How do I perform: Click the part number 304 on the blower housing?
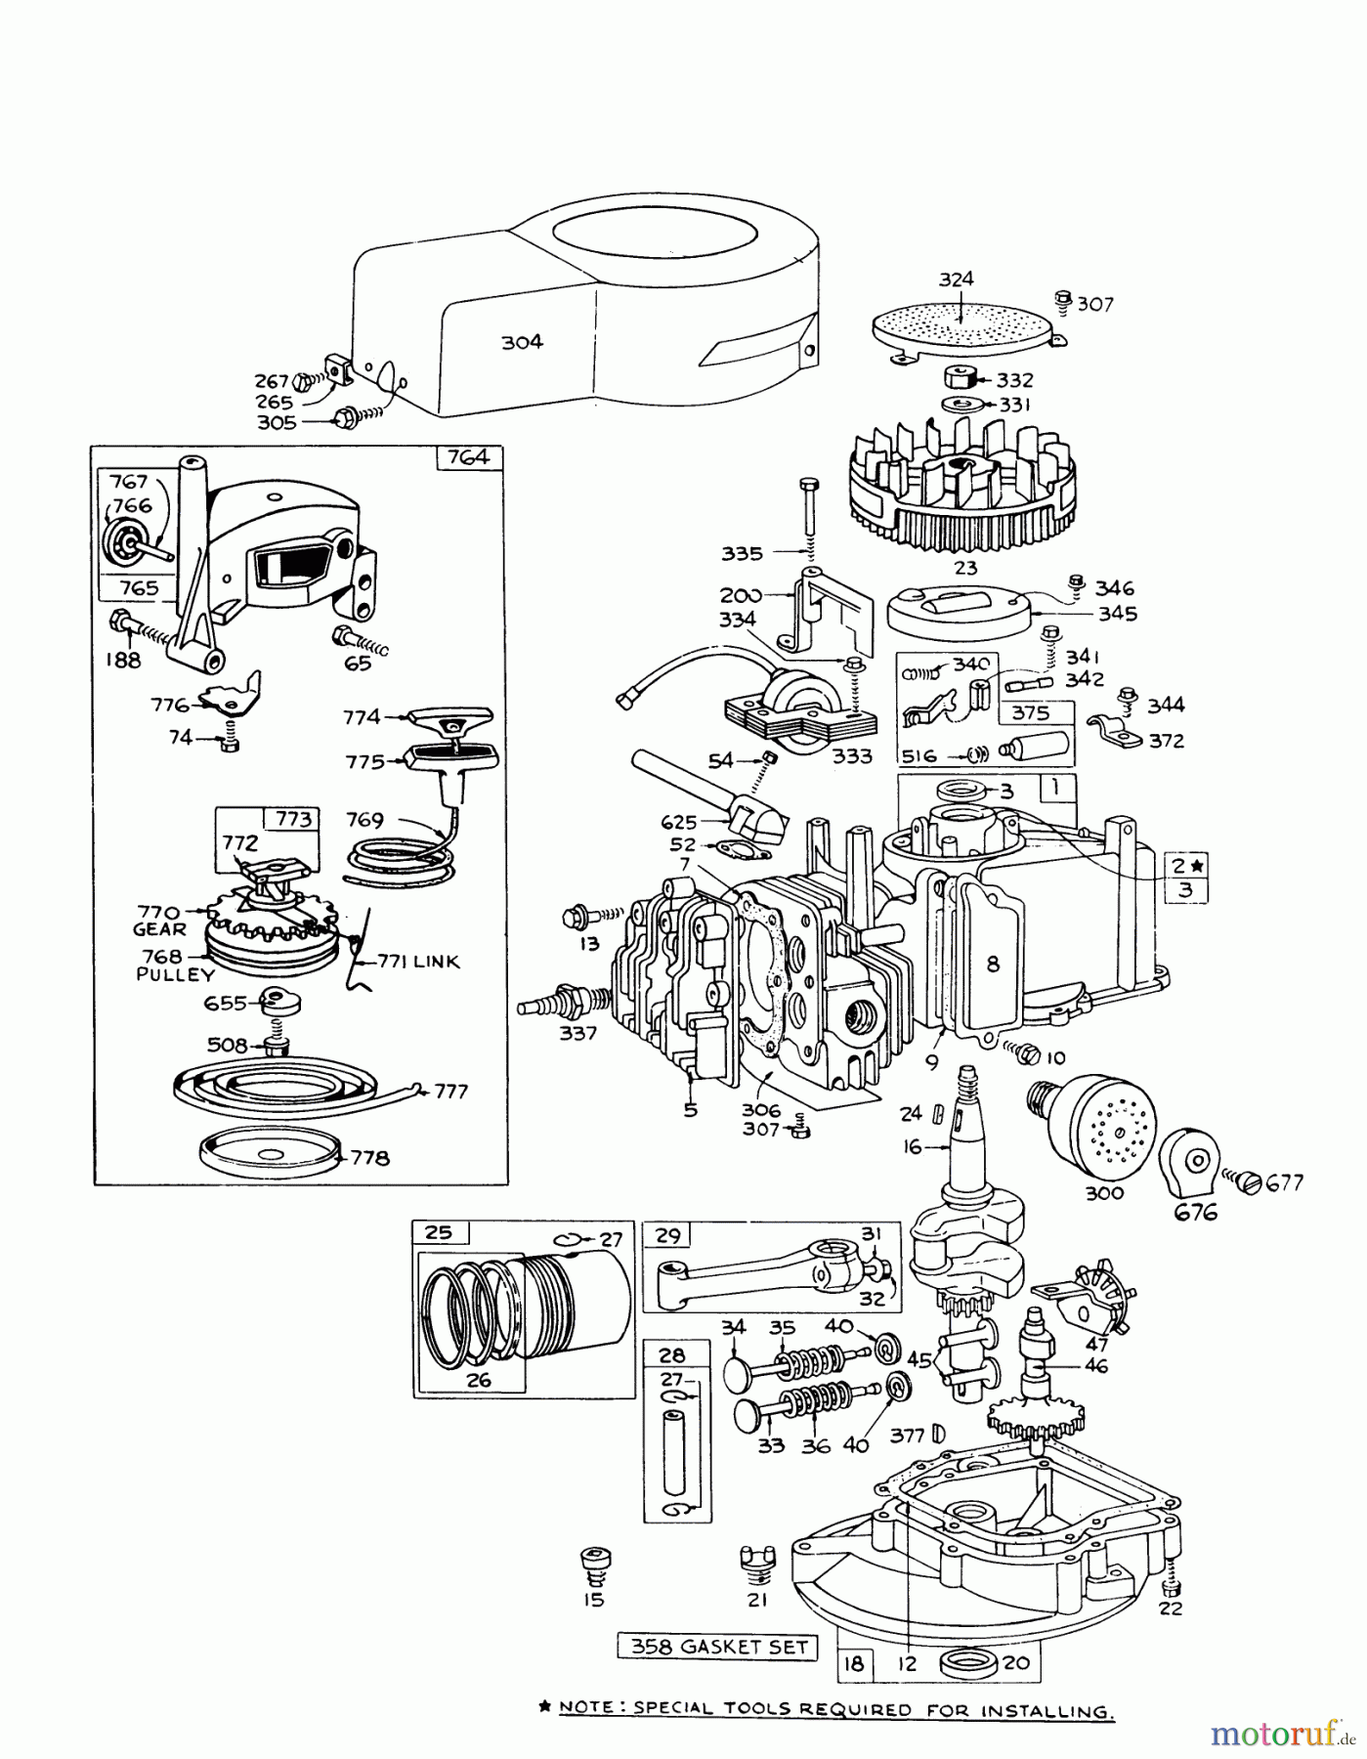522,342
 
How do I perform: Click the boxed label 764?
468,457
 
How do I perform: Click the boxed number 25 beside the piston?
439,1232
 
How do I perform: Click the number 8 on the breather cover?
993,964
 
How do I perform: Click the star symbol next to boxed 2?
1199,865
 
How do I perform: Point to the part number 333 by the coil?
853,755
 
